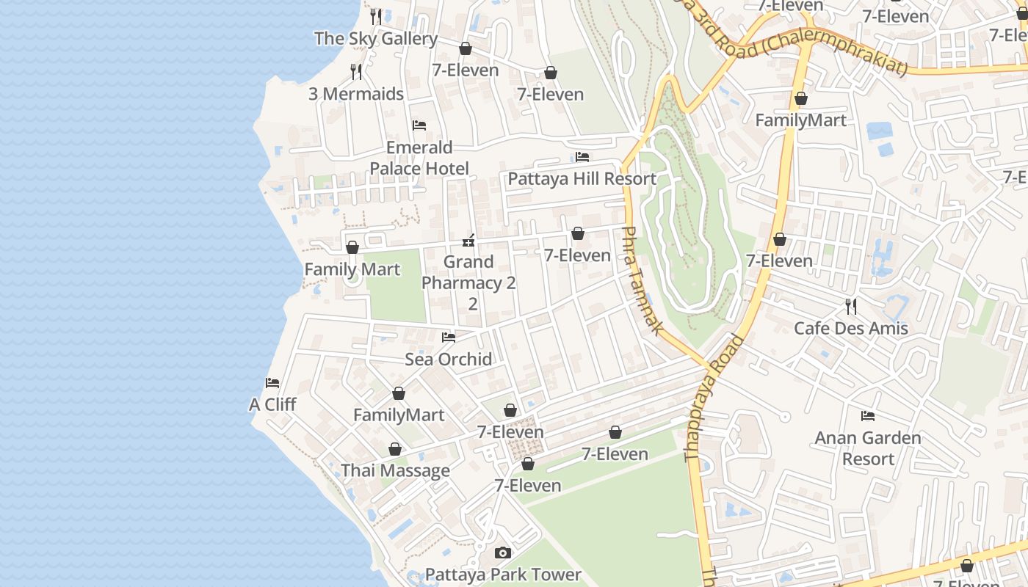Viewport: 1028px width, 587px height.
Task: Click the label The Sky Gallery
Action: click(x=376, y=39)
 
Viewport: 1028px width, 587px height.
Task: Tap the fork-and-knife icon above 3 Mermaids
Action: click(x=356, y=71)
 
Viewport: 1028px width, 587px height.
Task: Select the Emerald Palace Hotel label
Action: click(x=419, y=158)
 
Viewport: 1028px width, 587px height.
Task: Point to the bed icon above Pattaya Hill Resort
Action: click(x=582, y=157)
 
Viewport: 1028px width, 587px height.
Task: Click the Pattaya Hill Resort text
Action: click(x=582, y=178)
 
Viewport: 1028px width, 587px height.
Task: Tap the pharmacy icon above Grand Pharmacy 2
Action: click(x=468, y=240)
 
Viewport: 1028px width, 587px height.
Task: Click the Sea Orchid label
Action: click(x=448, y=359)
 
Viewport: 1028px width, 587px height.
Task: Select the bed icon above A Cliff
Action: click(x=272, y=383)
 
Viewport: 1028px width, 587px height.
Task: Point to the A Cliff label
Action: click(x=272, y=404)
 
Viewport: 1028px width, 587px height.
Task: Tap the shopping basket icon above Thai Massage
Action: click(x=395, y=449)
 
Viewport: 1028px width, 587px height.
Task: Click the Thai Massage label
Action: click(x=395, y=470)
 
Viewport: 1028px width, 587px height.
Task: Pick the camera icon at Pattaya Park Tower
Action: click(x=502, y=553)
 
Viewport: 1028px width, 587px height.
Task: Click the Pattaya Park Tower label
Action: click(x=503, y=574)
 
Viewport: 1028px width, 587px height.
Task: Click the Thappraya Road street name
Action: click(x=714, y=398)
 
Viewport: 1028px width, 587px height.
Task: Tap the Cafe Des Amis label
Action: click(x=851, y=328)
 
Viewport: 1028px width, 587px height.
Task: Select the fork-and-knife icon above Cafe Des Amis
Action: click(x=851, y=306)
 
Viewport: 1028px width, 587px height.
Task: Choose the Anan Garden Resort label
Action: click(x=868, y=448)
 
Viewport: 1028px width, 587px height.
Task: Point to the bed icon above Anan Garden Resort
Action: click(x=868, y=416)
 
